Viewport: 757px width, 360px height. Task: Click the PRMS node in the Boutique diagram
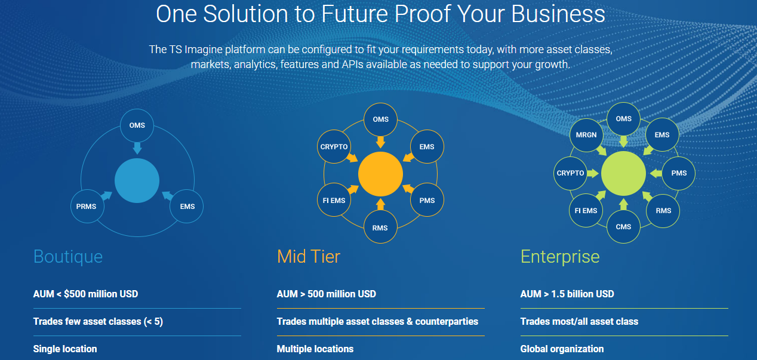click(87, 207)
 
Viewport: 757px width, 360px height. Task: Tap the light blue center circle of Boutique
click(137, 180)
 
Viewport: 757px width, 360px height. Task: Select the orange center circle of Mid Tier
click(380, 174)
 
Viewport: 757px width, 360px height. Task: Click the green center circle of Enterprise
click(623, 173)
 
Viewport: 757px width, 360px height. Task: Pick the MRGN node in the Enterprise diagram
click(586, 135)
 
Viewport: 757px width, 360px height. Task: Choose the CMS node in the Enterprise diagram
click(623, 226)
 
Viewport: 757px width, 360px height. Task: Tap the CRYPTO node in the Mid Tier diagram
click(334, 147)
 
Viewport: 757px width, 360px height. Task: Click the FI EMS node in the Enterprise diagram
click(586, 211)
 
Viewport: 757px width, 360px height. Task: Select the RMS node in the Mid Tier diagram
click(380, 227)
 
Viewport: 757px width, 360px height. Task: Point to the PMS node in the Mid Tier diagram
click(427, 201)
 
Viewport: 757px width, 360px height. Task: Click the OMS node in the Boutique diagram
click(137, 125)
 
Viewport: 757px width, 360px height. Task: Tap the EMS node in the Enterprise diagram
click(661, 135)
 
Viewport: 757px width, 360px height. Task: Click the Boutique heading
click(68, 257)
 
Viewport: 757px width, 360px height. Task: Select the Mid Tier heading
click(309, 257)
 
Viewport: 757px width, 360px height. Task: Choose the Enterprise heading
click(560, 257)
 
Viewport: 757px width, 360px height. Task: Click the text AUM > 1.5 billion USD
click(567, 294)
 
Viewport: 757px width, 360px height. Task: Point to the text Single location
click(65, 349)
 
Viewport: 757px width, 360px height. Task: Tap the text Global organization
click(562, 349)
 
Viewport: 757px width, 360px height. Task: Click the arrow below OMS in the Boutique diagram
click(137, 148)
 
